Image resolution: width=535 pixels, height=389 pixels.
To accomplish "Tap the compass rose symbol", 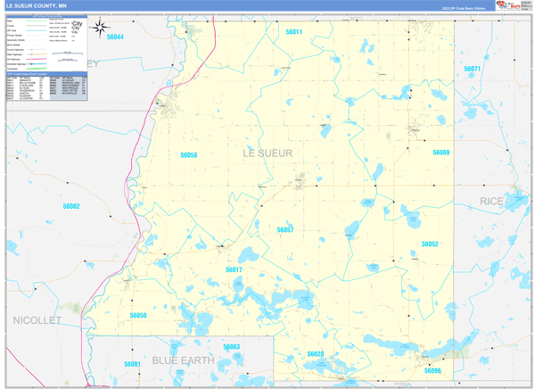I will pos(100,29).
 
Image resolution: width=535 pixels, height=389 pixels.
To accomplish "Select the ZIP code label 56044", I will pos(114,37).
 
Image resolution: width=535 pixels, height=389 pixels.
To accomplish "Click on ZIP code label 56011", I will pos(294,32).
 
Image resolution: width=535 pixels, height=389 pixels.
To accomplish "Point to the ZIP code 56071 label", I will pos(473,69).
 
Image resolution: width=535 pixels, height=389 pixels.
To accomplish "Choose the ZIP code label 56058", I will pos(189,154).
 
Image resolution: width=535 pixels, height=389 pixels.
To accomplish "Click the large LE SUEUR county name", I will pos(267,153).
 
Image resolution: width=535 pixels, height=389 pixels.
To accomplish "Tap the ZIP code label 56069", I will pos(441,153).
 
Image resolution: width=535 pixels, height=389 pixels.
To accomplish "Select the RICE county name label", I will pos(491,202).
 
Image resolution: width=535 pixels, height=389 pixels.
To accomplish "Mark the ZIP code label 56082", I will pos(71,206).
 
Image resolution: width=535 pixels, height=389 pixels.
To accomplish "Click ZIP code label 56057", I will pos(285,229).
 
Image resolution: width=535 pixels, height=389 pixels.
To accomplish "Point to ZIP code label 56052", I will pos(430,244).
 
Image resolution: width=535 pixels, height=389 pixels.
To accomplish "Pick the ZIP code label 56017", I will pos(234,269).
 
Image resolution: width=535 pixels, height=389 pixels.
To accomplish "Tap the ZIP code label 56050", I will pos(138,315).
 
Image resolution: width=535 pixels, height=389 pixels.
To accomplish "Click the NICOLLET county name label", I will pos(37,319).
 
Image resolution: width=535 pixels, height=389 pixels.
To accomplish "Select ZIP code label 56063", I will pos(232,346).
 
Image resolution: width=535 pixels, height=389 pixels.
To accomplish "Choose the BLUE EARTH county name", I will pos(183,360).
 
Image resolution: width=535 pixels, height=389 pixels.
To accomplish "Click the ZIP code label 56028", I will pos(316,354).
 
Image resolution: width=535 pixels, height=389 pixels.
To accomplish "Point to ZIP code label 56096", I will pos(433,370).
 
